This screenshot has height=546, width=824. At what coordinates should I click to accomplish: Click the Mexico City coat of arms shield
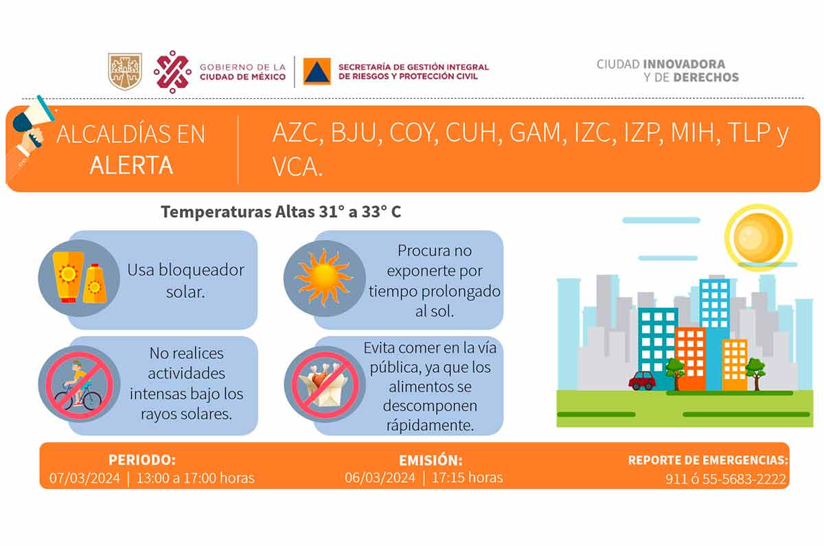point(125,71)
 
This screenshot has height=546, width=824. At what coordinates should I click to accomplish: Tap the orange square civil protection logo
point(317,71)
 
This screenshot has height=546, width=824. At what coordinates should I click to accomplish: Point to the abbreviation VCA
point(297,167)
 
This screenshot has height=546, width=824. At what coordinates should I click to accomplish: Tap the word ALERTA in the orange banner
point(131,166)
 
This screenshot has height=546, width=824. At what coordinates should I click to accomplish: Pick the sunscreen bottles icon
point(79,277)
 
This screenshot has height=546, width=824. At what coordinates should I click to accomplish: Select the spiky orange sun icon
point(324,277)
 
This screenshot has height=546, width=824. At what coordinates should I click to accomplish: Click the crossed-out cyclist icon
point(79,384)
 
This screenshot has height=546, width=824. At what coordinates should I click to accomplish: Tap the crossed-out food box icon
point(325,384)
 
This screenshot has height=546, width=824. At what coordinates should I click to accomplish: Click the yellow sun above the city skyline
point(759,238)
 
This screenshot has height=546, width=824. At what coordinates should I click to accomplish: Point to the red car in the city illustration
point(642,380)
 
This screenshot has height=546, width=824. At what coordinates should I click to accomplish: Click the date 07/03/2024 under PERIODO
point(84,478)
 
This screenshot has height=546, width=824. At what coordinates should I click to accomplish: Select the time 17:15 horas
point(467,477)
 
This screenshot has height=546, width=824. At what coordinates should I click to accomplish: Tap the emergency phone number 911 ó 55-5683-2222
point(725,479)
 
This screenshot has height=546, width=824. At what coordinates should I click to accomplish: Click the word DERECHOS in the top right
point(706,77)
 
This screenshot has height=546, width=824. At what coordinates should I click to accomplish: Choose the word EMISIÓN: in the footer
point(431,460)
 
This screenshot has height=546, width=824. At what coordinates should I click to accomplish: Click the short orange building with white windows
point(735,365)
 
